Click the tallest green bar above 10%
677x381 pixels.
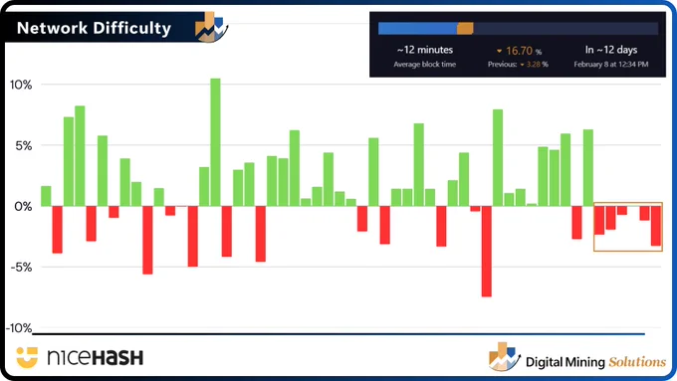215,142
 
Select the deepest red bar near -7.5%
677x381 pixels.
486,251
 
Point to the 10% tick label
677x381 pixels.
21,85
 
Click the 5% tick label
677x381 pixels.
24,146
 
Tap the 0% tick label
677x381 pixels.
23,206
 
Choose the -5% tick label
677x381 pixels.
21,267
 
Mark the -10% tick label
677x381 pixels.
19,328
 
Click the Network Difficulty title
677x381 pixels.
95,28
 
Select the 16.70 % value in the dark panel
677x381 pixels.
520,51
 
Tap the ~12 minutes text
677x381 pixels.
425,50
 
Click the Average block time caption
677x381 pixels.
425,65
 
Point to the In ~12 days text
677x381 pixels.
611,50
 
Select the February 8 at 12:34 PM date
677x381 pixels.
611,65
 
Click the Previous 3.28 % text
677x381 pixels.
518,65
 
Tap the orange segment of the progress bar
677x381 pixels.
465,29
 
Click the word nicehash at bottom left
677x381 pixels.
95,357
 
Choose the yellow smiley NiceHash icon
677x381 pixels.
27,357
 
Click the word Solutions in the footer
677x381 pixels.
637,361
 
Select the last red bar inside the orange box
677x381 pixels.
656,226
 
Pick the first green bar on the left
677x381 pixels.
46,196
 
